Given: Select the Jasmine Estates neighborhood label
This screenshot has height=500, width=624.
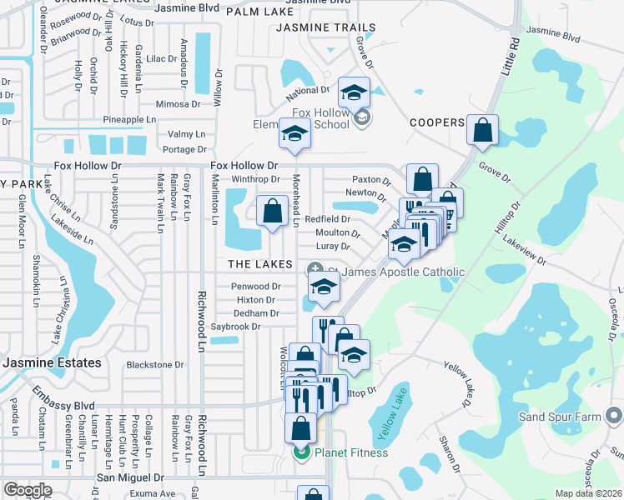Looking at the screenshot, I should click(52, 363).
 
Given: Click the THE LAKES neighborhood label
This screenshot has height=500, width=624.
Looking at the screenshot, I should click(260, 264).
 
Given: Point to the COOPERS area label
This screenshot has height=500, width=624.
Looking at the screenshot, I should click(437, 122).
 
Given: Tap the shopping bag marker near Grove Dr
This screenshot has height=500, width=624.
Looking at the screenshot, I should click(482, 131).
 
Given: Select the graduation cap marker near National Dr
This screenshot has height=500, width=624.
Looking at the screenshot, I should click(355, 93).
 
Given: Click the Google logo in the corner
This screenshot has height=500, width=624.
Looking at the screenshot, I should click(28, 490).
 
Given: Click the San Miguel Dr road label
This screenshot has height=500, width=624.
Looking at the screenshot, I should click(131, 477).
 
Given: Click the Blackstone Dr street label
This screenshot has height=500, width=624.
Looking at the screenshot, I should click(154, 365).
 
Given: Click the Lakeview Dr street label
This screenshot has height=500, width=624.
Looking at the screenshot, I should click(524, 250).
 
